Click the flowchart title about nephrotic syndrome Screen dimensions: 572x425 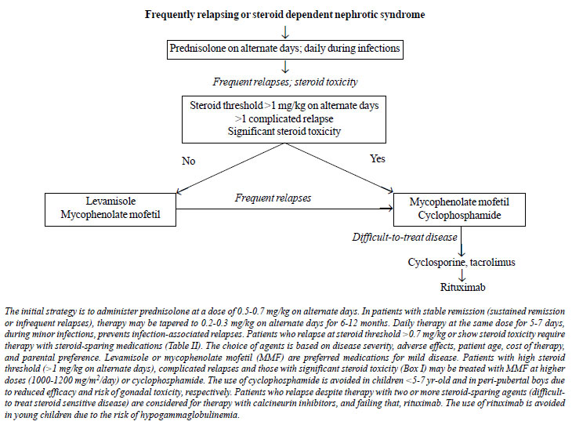click(285, 15)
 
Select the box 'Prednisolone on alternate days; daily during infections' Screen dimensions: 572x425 click(285, 49)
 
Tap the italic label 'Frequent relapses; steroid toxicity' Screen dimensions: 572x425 click(285, 82)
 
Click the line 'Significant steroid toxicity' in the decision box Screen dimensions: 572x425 click(284, 132)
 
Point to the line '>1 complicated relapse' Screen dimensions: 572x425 click(284, 118)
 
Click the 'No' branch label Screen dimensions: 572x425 click(189, 161)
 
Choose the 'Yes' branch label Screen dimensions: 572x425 click(378, 158)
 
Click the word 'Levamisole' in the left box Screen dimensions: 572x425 click(110, 202)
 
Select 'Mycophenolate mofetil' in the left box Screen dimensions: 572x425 click(110, 214)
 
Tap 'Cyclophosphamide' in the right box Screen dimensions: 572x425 click(460, 216)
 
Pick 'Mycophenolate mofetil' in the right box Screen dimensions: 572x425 click(459, 202)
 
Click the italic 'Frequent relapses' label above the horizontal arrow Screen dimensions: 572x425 click(273, 198)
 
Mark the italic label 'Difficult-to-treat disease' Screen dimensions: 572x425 click(404, 238)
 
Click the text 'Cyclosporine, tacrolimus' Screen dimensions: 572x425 click(462, 262)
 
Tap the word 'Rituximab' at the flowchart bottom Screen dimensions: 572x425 click(462, 287)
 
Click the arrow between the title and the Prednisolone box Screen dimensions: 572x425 click(285, 31)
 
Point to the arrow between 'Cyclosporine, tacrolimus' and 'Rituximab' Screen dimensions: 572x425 click(462, 275)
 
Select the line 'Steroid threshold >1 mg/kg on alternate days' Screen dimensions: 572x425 click(284, 106)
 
